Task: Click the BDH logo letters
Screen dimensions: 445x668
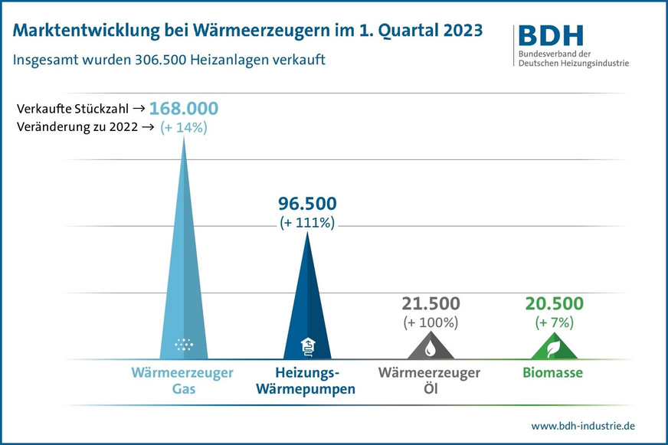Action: (551, 35)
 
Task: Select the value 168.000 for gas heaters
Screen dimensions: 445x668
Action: (183, 108)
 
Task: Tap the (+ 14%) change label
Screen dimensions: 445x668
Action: (183, 128)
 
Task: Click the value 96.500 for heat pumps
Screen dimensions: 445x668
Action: (306, 205)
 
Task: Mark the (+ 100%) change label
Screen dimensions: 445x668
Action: (430, 322)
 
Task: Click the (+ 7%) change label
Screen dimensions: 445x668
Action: (554, 322)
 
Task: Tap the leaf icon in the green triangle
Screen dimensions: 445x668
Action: (554, 348)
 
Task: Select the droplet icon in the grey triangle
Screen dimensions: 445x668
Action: (430, 348)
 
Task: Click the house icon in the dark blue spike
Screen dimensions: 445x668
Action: (306, 345)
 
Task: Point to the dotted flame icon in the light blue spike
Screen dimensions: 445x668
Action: (184, 345)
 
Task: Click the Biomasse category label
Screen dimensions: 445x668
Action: (554, 374)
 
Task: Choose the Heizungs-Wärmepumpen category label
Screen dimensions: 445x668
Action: (306, 381)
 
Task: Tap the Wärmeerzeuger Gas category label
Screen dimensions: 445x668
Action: (184, 381)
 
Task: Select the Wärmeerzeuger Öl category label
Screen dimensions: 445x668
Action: (430, 381)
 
